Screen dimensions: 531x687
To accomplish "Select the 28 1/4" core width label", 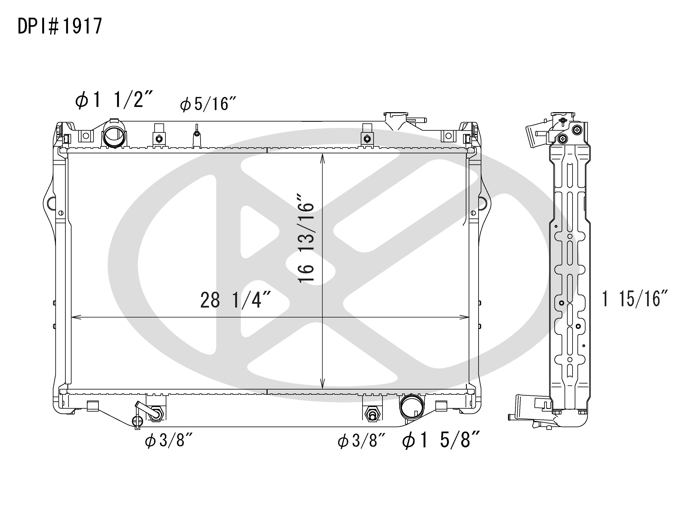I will [x=235, y=300].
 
